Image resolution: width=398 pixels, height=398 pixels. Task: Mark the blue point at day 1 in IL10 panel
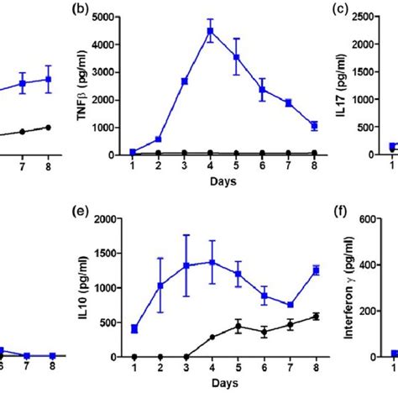click(134, 328)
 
